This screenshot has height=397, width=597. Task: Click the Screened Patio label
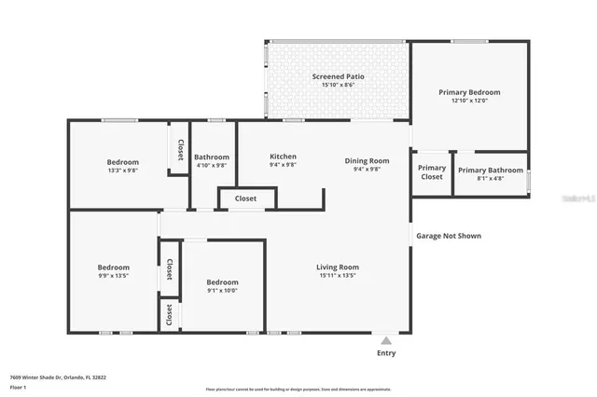pos(338,75)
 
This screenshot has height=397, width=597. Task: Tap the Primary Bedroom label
pos(469,92)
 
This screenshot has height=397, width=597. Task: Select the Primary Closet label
pos(432,172)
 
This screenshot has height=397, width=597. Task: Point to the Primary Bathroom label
pos(491,170)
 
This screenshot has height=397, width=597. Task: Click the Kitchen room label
pos(283,156)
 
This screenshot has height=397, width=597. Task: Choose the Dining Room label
pos(367,160)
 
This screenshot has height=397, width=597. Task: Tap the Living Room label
pos(337,267)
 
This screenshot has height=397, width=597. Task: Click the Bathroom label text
pos(211,157)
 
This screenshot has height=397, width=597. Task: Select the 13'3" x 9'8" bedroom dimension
pos(122,171)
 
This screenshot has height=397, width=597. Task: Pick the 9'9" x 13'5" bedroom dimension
pos(114,275)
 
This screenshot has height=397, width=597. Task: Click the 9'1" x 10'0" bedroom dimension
pos(222,290)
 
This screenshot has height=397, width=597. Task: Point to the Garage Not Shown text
pos(448,236)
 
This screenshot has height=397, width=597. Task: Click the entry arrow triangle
pos(385,340)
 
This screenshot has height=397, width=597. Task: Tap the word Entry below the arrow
pos(385,353)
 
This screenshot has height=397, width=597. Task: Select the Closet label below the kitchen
pos(245,198)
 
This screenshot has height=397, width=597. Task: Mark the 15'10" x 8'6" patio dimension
pos(338,85)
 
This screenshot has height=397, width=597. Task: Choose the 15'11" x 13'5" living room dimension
pos(337,276)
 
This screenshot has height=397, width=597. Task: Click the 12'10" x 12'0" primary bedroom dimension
pos(469,101)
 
